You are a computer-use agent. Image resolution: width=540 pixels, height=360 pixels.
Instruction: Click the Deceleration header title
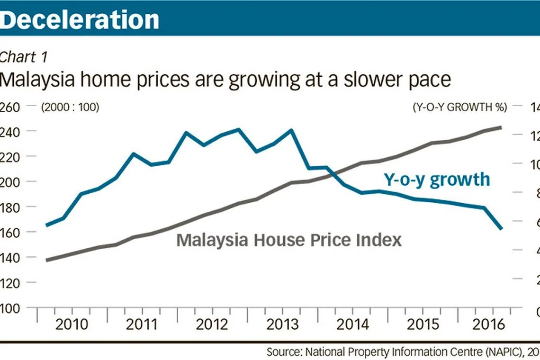coord(80,19)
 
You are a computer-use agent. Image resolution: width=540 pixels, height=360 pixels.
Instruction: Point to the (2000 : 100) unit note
coord(70,107)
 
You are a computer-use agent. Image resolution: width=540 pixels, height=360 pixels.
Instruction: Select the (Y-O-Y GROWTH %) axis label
coord(459,107)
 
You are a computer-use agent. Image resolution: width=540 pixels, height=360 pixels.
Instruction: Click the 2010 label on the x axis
coord(72,324)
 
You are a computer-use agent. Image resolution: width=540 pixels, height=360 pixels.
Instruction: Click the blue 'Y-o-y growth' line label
coord(436,180)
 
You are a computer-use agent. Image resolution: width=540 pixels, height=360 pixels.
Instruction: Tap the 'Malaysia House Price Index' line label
coord(288,240)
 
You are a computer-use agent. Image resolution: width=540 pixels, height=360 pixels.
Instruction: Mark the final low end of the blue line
coord(501,228)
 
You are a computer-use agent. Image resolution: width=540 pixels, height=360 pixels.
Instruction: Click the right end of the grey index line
coord(501,127)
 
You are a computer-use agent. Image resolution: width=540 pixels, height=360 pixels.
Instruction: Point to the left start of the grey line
coord(46,260)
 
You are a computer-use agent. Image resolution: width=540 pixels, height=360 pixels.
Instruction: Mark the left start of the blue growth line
coord(46,225)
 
